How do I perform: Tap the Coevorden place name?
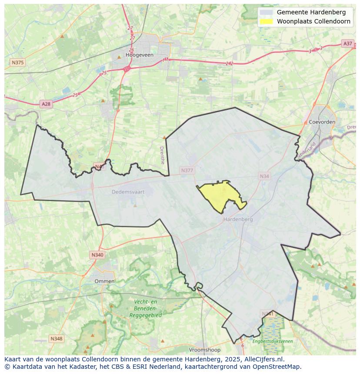point(322,122)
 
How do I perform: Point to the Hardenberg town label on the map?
point(238,219)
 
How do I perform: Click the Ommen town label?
point(105,281)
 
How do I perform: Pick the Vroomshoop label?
point(205,350)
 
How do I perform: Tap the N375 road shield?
point(17,63)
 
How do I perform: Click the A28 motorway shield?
point(46,104)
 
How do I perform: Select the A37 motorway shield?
point(347,43)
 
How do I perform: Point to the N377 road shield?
point(187,171)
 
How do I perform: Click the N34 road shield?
point(264,176)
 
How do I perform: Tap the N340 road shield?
point(97,255)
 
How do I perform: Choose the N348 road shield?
point(56,338)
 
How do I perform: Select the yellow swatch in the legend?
point(266,21)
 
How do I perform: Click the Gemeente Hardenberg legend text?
point(311,12)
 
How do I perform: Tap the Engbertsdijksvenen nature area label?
point(273,341)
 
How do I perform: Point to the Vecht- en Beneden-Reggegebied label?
point(145,308)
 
